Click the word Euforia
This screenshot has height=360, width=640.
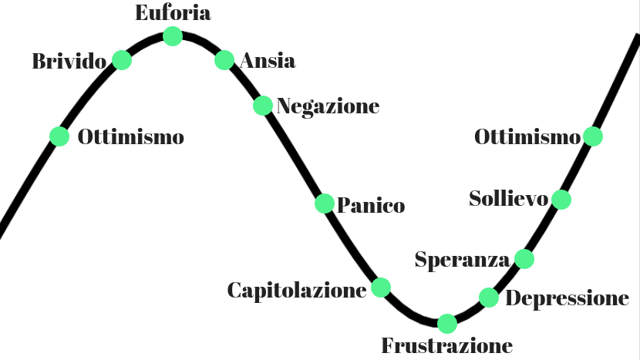click(172, 12)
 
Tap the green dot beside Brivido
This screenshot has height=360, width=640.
click(122, 59)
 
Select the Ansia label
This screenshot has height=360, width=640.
click(268, 61)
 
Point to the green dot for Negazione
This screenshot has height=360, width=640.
click(263, 106)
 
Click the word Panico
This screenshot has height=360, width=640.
click(370, 205)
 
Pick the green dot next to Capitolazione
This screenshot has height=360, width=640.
click(381, 288)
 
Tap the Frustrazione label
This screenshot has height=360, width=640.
click(447, 345)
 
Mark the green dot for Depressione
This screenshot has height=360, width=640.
click(489, 297)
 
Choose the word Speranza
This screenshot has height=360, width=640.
click(462, 260)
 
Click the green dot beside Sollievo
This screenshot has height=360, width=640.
click(561, 200)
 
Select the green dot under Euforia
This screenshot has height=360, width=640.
click(173, 36)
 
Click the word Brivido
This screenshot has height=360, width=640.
click(69, 61)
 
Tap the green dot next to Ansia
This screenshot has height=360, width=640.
click(224, 59)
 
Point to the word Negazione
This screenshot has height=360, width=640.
click(328, 106)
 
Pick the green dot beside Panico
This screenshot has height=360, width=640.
click(325, 204)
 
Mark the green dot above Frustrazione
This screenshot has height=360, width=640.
click(447, 323)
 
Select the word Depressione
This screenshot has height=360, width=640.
click(567, 298)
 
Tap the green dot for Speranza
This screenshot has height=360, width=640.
click(524, 258)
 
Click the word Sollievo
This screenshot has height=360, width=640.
click(508, 199)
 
